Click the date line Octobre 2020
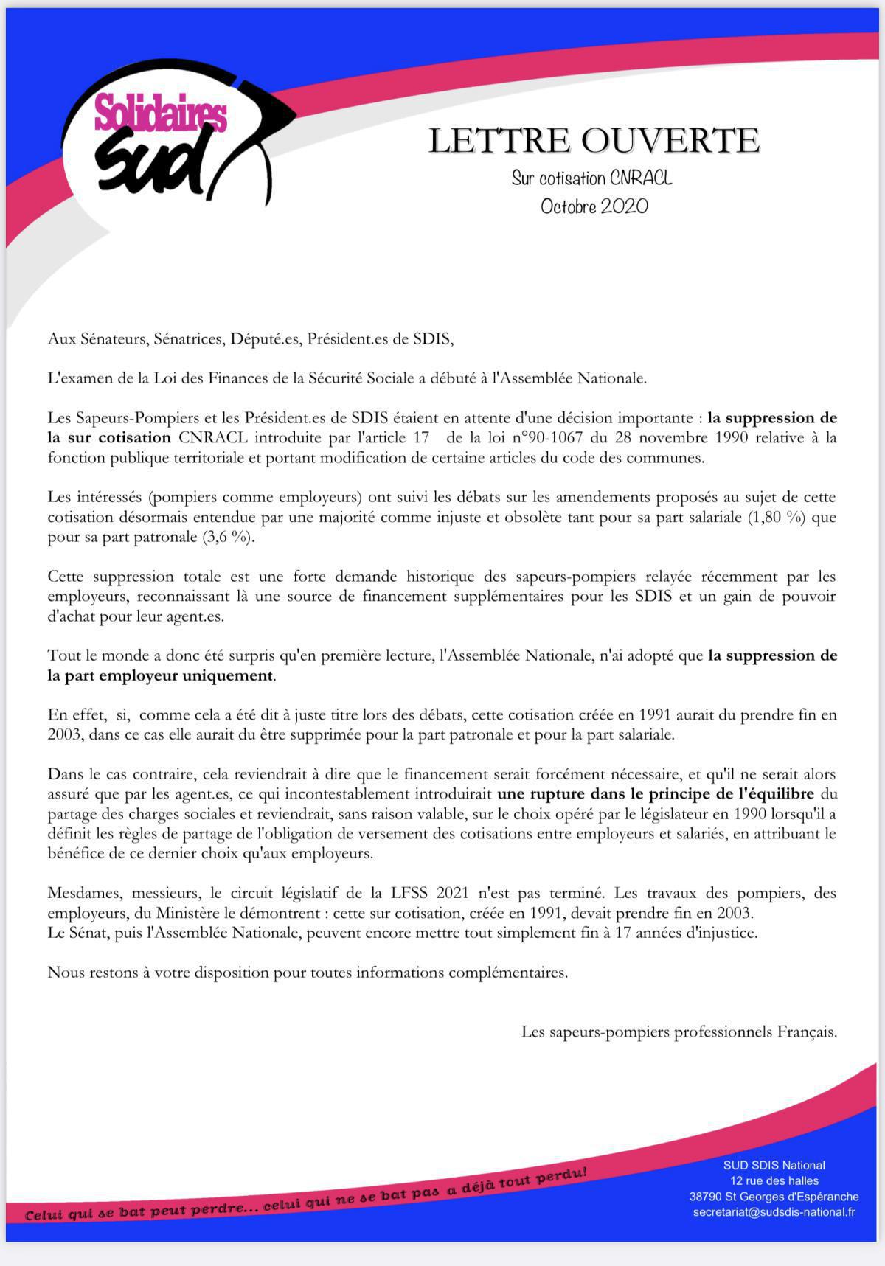coord(594,206)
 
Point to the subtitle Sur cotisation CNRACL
coord(591,178)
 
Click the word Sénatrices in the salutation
coord(187,338)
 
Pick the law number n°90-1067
coord(547,437)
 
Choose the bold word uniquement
coord(229,675)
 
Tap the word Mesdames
coord(80,893)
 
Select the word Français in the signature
coord(806,1032)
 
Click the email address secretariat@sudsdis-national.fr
coord(774,1212)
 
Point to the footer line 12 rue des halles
coord(774,1181)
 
